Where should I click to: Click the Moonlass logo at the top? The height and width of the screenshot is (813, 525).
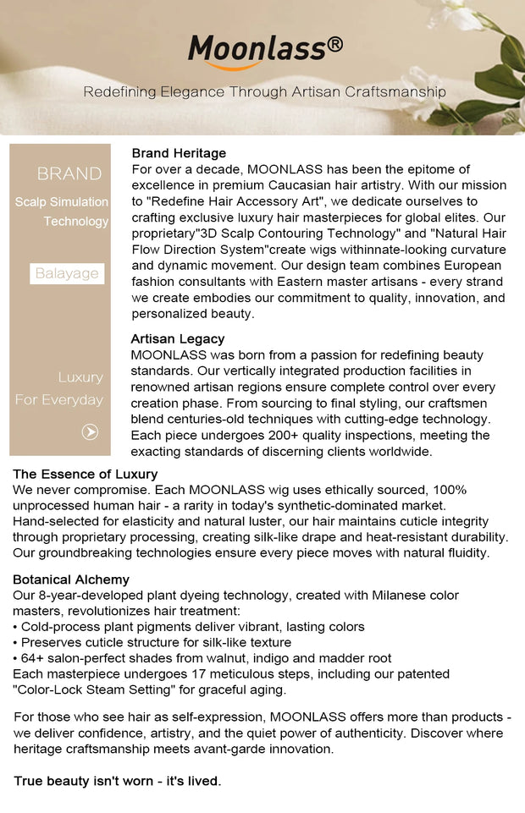pos(257,50)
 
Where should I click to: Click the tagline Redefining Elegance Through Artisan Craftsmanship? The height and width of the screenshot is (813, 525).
pos(264,91)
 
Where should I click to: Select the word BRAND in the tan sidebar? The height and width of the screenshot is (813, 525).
pos(69,174)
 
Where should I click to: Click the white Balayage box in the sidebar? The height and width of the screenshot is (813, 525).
pos(67,273)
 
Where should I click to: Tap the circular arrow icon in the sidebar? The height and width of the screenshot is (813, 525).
pos(90,432)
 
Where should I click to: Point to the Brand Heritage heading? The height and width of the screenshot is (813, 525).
pos(179,153)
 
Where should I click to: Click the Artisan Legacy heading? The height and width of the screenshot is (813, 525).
pos(178,338)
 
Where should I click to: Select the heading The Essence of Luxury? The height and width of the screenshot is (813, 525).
pos(86,474)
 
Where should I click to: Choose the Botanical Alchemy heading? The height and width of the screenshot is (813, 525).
pos(71,580)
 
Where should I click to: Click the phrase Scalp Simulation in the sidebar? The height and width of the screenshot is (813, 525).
pos(62,202)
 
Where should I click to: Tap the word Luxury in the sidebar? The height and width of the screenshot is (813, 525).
pos(80,377)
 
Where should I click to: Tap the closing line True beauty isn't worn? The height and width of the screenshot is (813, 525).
pos(118,781)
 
